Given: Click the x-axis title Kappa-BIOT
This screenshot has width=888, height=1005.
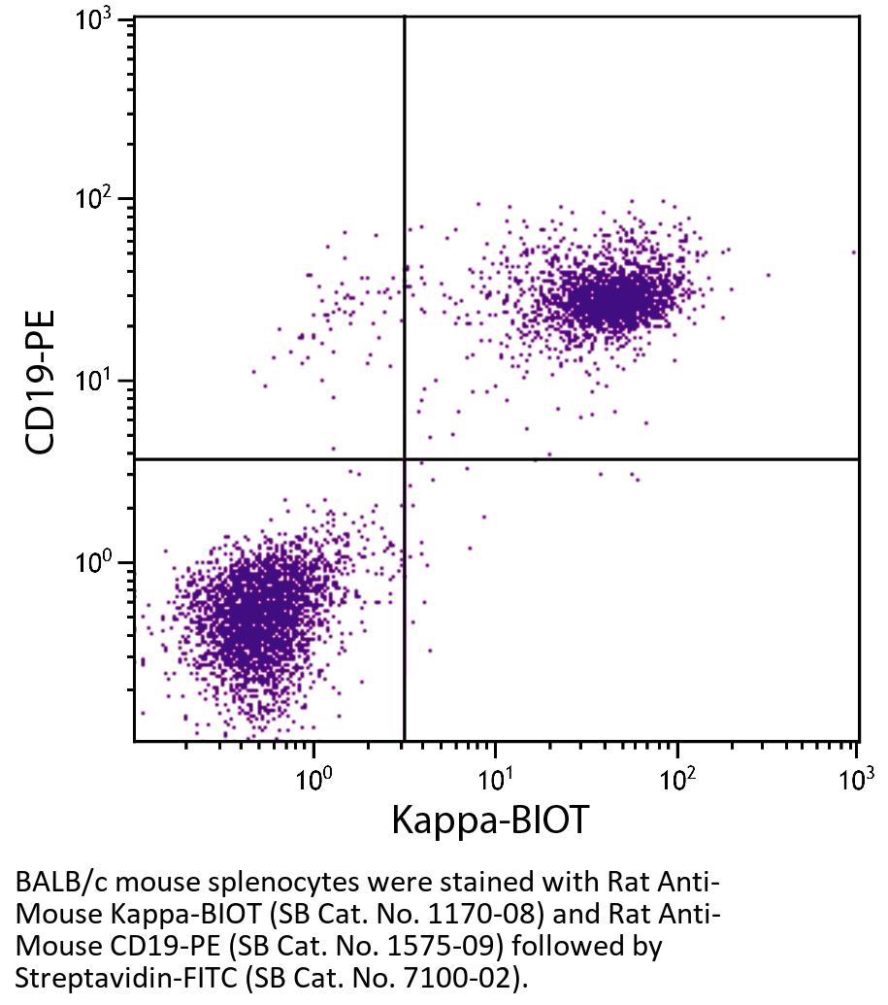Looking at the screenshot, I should click(x=489, y=821).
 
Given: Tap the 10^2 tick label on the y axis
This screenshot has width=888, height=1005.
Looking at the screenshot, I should click(x=94, y=201).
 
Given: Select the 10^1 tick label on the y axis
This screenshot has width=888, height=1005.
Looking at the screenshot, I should click(x=94, y=382).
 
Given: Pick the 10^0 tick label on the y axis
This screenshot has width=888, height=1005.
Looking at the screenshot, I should click(x=94, y=563).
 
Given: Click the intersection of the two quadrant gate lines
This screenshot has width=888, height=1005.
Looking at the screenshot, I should click(x=404, y=458).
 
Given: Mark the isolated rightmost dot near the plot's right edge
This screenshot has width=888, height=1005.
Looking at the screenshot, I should click(x=854, y=252).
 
